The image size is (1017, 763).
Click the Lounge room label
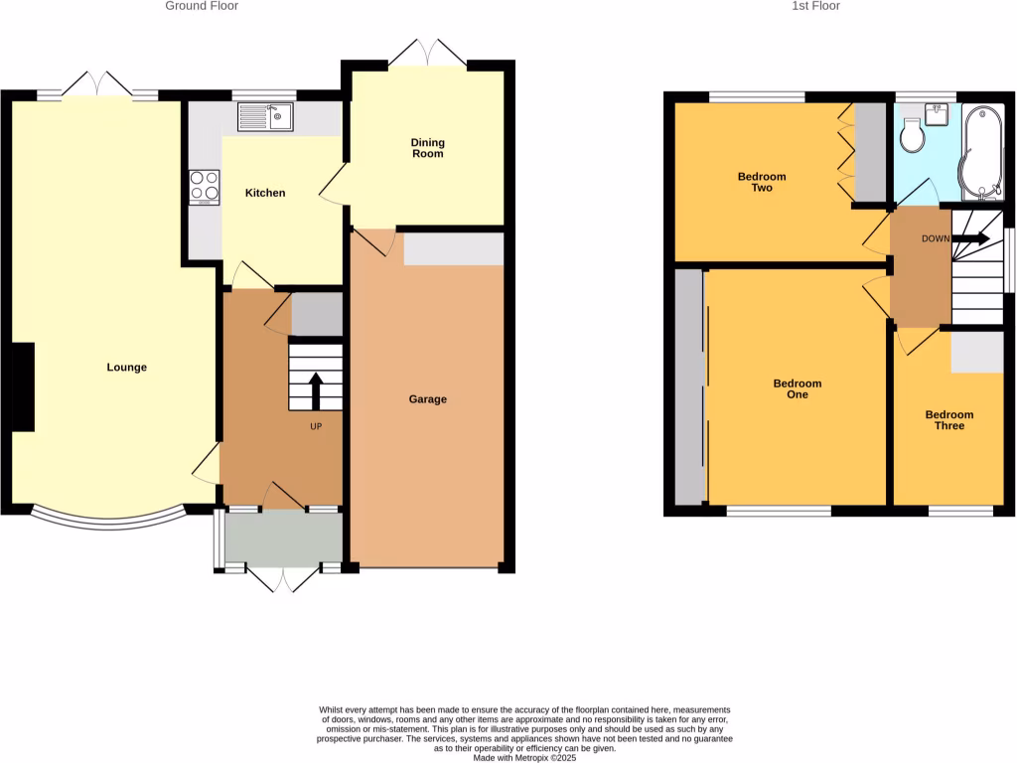pos(127,368)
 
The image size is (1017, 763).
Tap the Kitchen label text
pos(265,193)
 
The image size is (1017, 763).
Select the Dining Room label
pos(428,149)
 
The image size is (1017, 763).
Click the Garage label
pos(428,399)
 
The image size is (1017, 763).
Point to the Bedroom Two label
pos(762,182)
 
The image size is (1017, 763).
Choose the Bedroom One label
pos(798,389)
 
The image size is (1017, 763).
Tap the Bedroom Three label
pos(949,420)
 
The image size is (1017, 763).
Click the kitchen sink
pos(265,118)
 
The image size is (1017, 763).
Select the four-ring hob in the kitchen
pos(205,187)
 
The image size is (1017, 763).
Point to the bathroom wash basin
pos(937,112)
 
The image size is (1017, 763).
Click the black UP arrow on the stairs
pos(316,390)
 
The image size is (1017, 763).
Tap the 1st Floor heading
pos(815,6)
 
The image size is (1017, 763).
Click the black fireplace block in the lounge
pos(24,386)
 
